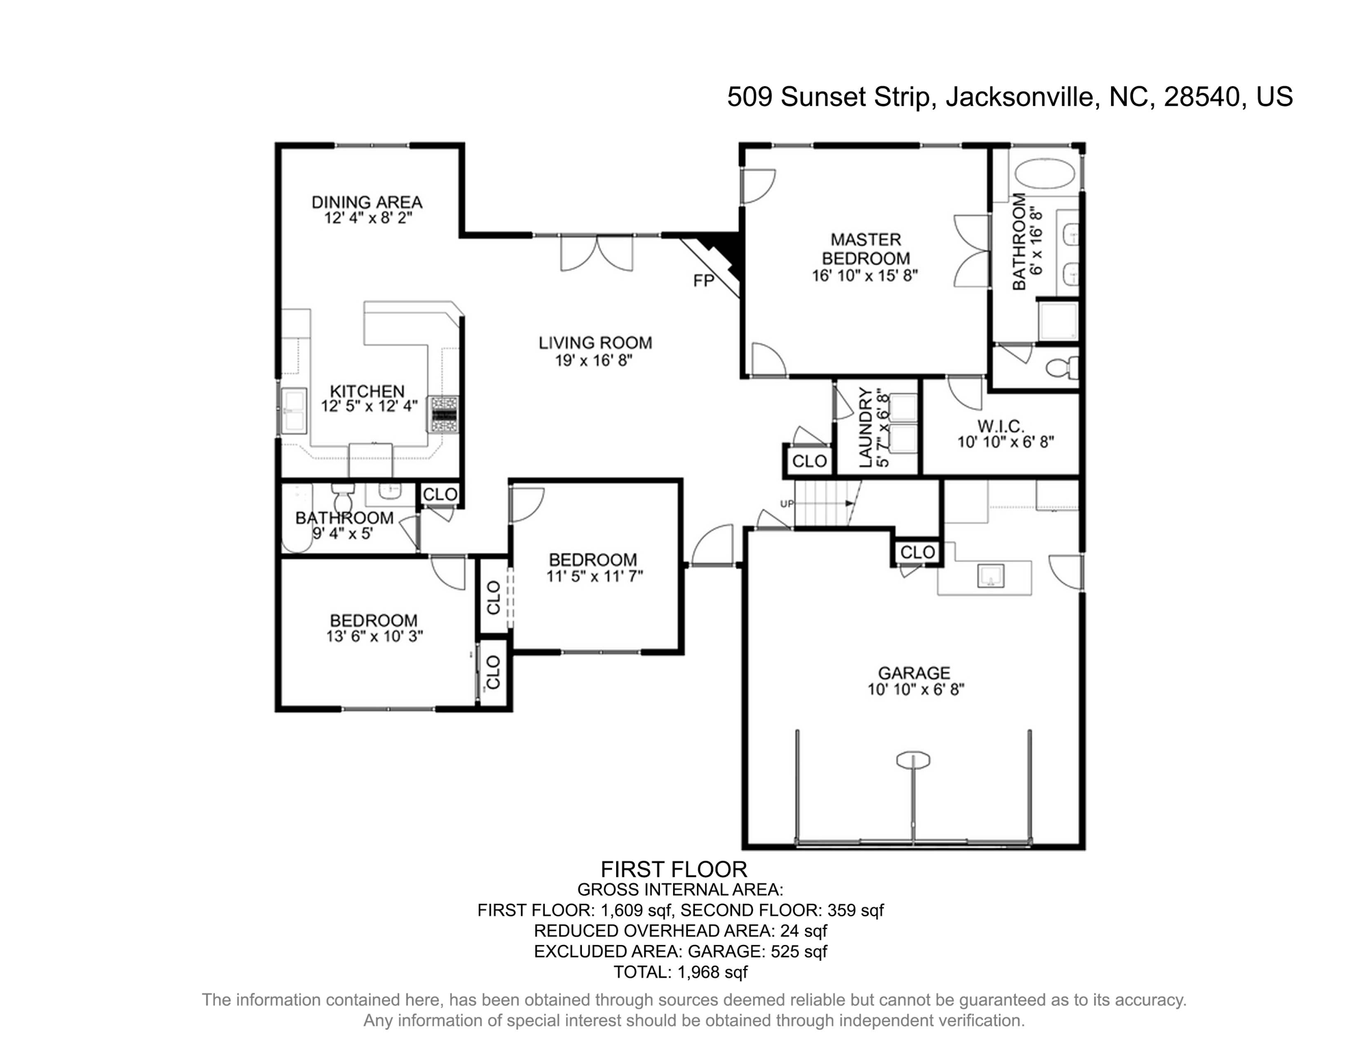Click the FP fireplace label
(x=703, y=281)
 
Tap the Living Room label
(x=595, y=343)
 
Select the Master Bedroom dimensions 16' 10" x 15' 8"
(x=865, y=276)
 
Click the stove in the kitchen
(x=444, y=414)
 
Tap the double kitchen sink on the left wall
(x=294, y=411)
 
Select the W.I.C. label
(x=1000, y=426)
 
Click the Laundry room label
(x=865, y=428)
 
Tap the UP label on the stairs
(x=787, y=504)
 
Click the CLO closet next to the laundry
(x=809, y=461)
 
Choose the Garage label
(x=914, y=673)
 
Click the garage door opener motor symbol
(x=913, y=760)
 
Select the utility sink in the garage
(x=990, y=576)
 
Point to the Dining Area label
(x=367, y=203)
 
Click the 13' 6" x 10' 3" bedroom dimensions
(x=374, y=636)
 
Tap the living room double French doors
(x=596, y=252)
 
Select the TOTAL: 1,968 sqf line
(x=680, y=972)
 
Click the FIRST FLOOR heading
(x=674, y=870)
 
